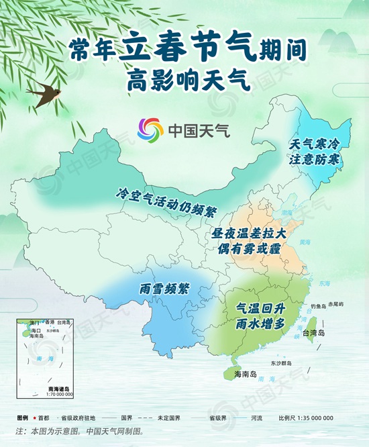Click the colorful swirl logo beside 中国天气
tap(150, 130)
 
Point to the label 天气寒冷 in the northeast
tap(315, 144)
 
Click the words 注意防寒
tap(315, 160)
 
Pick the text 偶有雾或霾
tap(249, 249)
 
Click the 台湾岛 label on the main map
tap(313, 333)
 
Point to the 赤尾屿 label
tap(336, 304)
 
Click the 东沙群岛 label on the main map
tap(282, 362)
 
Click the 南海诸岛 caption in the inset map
tap(60, 389)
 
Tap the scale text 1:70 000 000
tap(60, 395)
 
